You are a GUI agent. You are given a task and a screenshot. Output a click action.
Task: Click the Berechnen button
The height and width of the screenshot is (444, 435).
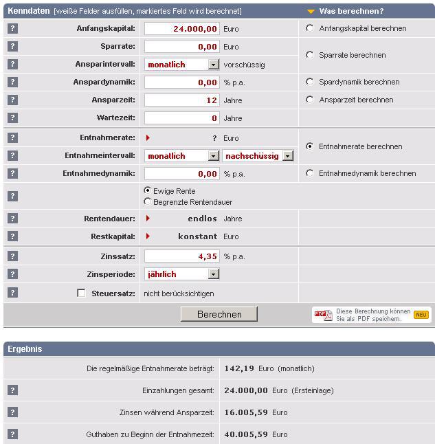(219, 314)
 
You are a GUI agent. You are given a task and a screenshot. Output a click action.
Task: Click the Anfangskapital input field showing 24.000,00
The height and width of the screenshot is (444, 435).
(182, 29)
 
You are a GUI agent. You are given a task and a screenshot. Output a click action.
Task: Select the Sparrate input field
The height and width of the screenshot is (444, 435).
(182, 47)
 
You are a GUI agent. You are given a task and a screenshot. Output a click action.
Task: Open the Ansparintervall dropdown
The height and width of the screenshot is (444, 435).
(213, 65)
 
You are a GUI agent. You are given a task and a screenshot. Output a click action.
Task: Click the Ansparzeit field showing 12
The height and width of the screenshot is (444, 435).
(182, 100)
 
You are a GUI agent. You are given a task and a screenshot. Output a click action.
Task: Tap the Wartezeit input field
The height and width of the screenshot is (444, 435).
(182, 118)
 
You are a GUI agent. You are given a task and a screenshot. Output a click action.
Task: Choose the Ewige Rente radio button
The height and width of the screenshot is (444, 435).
(148, 190)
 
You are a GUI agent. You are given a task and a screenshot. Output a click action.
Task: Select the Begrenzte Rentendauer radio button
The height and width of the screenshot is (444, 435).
(148, 202)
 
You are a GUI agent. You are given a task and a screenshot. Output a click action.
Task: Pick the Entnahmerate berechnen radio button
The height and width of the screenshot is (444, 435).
(310, 146)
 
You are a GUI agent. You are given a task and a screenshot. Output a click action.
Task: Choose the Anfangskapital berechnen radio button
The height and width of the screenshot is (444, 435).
(310, 28)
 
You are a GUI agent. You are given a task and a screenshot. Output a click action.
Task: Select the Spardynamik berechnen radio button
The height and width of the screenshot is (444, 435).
(310, 82)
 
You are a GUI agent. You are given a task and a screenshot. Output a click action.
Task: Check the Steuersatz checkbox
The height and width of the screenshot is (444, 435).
(82, 293)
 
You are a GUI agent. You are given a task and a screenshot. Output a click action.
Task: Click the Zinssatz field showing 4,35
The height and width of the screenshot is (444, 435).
(182, 256)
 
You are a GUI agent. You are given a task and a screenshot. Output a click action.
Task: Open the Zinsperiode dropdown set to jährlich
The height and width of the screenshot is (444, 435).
(213, 274)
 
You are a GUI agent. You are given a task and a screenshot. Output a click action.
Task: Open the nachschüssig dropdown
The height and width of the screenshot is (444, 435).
(287, 156)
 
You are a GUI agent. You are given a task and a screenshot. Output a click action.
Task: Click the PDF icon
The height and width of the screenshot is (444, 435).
(323, 315)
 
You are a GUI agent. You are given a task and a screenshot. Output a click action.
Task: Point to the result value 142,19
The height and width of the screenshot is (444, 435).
(239, 368)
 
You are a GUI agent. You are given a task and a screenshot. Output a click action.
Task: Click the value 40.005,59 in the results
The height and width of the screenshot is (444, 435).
(246, 434)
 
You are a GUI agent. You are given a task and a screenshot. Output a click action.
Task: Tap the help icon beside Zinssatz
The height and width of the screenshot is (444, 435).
(12, 256)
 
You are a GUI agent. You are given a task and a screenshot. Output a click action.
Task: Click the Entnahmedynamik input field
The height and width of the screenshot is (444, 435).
(182, 174)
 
